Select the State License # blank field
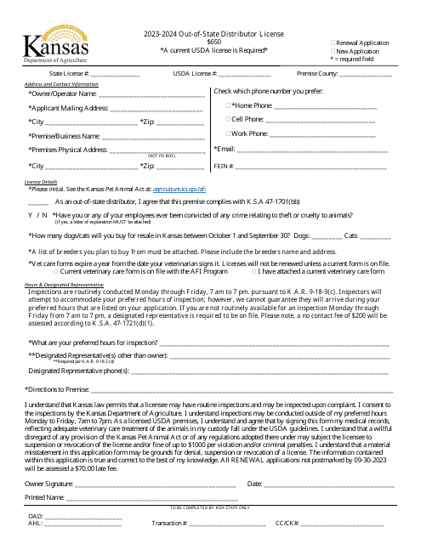115,75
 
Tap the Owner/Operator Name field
153,93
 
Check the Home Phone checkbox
228,105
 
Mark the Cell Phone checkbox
228,119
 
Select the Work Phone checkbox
228,133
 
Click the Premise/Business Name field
153,136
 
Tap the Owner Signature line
153,484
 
